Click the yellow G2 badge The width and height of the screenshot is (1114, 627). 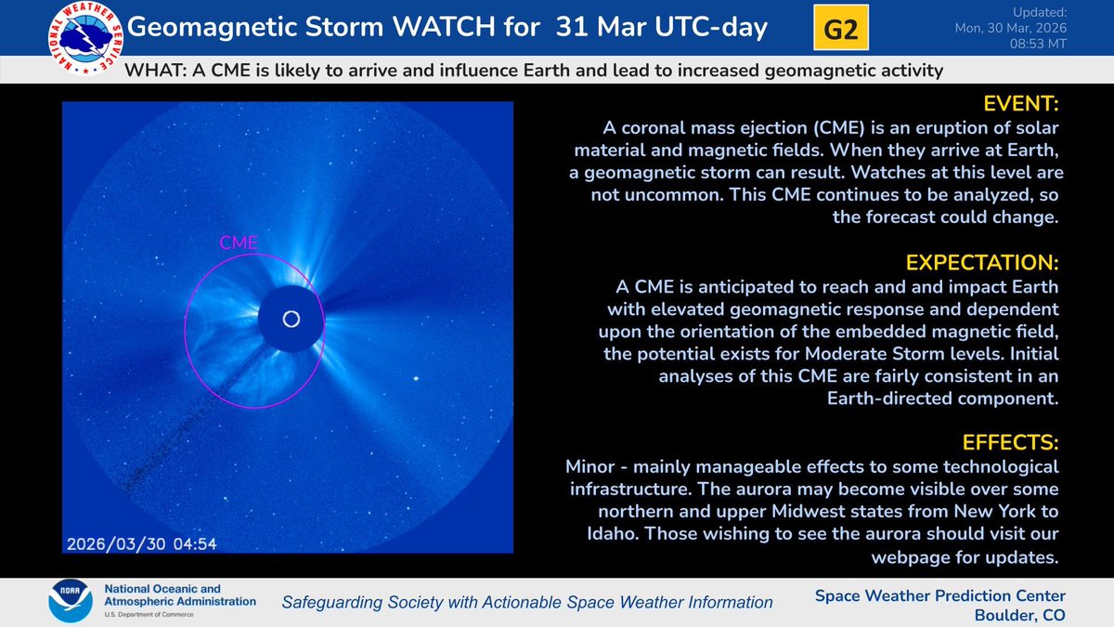click(841, 29)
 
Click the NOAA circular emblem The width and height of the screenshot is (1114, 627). click(70, 601)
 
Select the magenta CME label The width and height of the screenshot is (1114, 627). click(238, 243)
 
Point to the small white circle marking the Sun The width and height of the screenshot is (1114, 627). click(291, 320)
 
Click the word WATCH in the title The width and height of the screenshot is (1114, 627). click(442, 28)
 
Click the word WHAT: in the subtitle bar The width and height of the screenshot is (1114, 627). click(157, 71)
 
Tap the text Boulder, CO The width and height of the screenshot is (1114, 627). click(1021, 615)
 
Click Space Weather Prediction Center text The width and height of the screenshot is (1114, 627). click(940, 595)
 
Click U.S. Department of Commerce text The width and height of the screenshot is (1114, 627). click(154, 616)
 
